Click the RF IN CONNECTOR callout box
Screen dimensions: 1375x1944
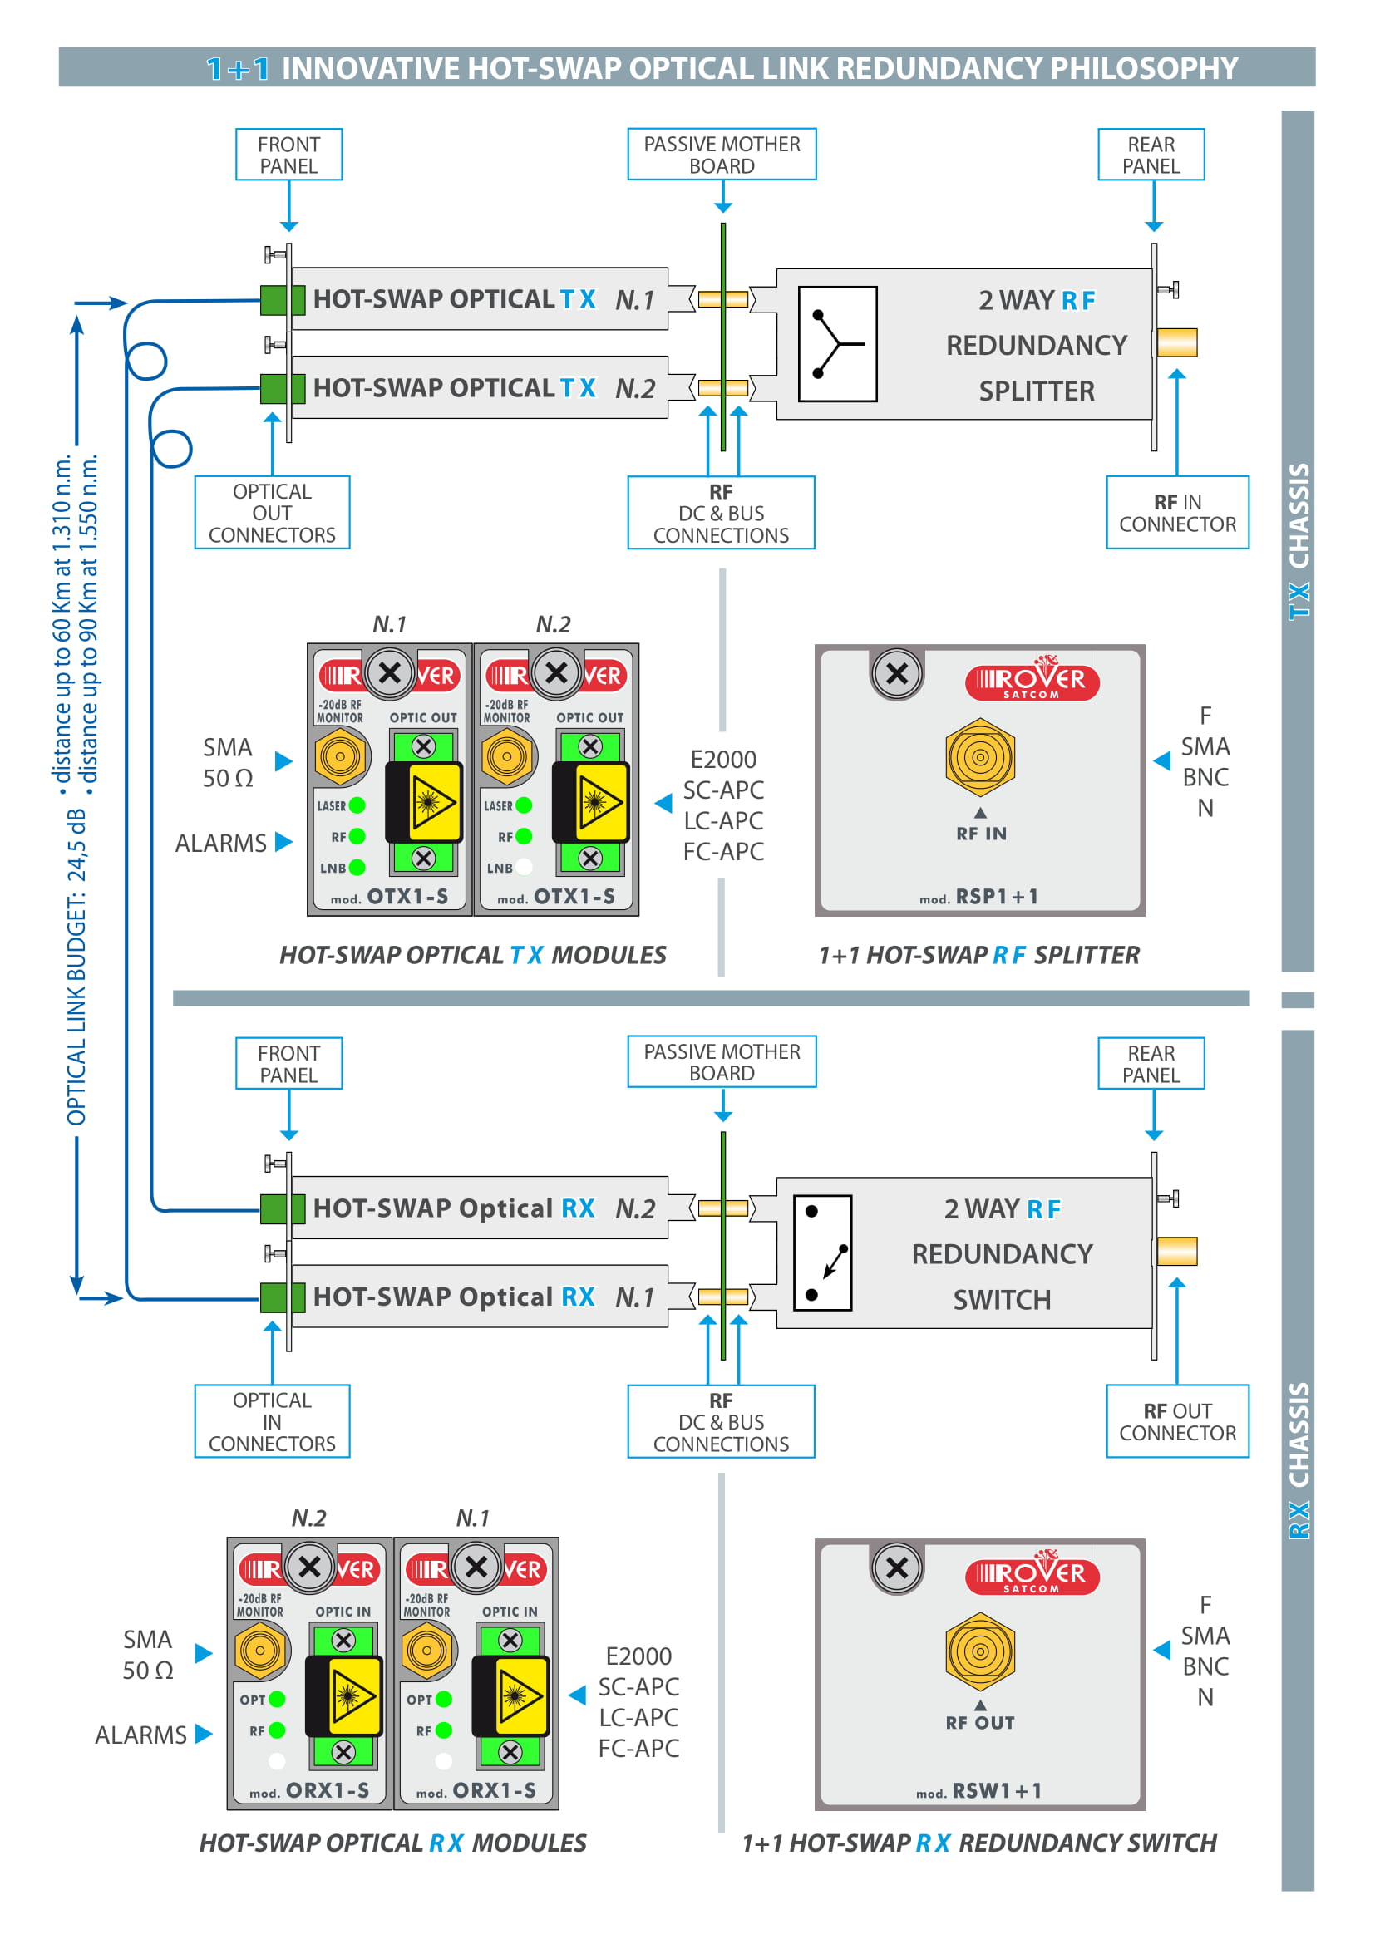1177,512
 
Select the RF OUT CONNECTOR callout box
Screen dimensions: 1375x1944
1177,1420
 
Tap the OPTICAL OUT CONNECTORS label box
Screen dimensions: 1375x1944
272,512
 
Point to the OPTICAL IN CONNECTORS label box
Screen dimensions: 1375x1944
272,1420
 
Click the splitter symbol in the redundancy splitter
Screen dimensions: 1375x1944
837,344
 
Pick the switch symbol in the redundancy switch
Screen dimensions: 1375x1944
822,1253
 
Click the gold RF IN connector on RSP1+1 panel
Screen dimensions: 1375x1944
979,757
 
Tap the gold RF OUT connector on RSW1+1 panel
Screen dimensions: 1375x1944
979,1651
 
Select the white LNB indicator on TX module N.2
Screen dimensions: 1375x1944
524,866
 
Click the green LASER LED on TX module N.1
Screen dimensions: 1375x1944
357,805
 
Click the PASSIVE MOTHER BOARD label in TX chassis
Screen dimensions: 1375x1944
722,154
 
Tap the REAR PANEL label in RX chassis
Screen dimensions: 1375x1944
1151,1064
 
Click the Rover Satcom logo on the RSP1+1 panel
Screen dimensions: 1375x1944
1032,679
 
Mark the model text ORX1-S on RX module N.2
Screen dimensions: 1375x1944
327,1790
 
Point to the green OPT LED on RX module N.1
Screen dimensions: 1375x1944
444,1700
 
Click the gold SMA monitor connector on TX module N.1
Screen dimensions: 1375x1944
340,756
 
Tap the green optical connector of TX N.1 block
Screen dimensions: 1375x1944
282,300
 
